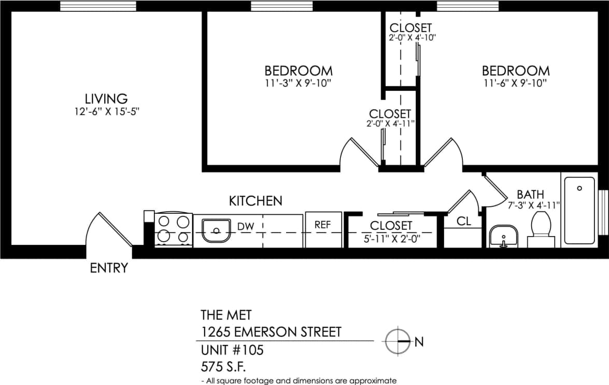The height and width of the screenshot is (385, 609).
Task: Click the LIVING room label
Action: (106, 98)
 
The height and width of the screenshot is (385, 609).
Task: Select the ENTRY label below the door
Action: (109, 268)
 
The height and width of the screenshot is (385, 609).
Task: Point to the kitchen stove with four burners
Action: (173, 229)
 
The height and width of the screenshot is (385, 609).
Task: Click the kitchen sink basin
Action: (216, 230)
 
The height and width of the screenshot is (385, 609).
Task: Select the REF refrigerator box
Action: (323, 229)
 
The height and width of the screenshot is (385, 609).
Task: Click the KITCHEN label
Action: (256, 201)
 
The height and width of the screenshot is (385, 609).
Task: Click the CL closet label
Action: (463, 222)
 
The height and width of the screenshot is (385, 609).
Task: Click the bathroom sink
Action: (503, 236)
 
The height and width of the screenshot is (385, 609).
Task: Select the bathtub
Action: (579, 210)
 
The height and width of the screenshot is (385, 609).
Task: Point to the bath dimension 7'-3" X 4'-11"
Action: (534, 205)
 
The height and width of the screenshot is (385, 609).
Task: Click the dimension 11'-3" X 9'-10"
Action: (298, 83)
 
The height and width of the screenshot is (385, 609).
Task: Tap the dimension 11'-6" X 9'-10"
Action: (515, 83)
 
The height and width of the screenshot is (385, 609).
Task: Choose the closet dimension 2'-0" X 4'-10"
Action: (410, 38)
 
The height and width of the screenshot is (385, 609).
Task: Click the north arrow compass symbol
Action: (398, 341)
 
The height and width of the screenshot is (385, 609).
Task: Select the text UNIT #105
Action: (232, 350)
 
